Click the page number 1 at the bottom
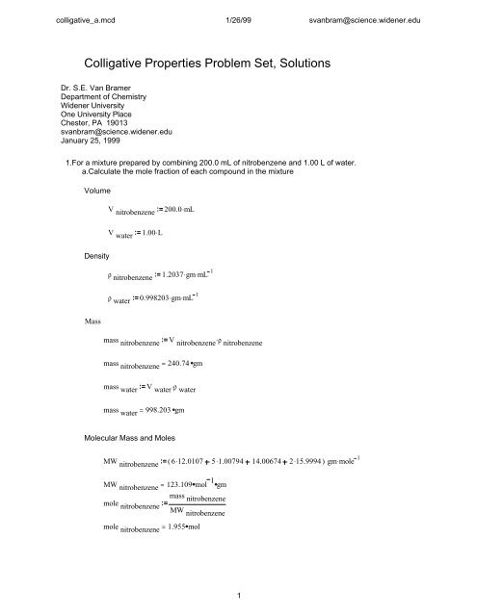click(238, 607)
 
